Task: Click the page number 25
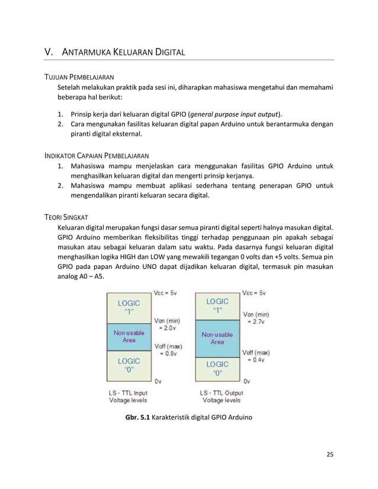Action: coord(330,454)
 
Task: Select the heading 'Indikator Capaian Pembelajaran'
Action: coord(97,155)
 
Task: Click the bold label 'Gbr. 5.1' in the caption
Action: coord(137,417)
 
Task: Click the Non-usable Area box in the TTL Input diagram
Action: coord(129,336)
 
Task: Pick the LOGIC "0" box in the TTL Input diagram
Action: coord(129,365)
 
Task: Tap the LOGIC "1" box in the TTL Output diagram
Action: coord(217,305)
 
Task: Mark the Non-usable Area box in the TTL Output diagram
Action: coord(217,337)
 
